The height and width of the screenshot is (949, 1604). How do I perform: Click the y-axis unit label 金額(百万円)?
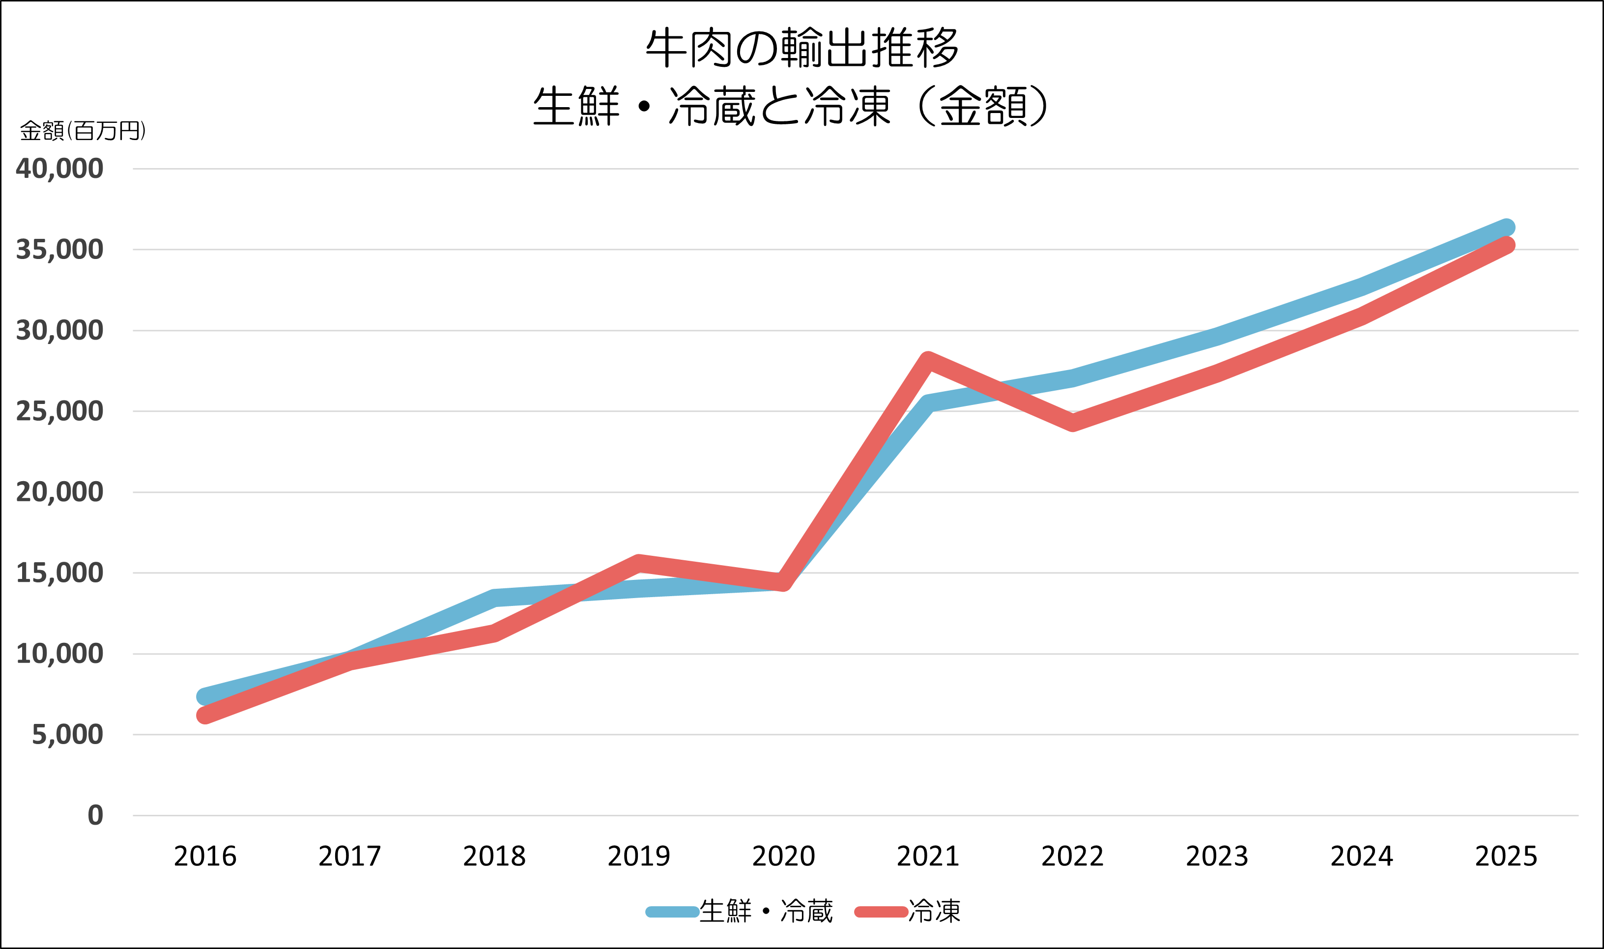(83, 131)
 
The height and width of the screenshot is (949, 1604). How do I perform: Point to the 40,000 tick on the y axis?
(59, 169)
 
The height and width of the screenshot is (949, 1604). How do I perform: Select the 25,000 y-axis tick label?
(59, 411)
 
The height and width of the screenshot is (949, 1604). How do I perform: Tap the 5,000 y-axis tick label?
(67, 735)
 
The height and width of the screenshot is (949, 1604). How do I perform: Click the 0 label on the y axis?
(95, 815)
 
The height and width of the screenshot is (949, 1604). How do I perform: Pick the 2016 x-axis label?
(205, 856)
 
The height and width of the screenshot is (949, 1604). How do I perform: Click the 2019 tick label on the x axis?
(639, 856)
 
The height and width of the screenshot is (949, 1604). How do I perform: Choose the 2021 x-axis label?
(928, 856)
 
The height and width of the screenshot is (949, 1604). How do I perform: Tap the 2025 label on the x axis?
(1506, 856)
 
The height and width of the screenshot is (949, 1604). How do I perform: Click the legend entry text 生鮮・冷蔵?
(766, 911)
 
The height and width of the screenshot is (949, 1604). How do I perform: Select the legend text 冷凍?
(934, 911)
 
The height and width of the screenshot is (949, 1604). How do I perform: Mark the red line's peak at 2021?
(928, 361)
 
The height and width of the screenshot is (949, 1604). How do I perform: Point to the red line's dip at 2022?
(1072, 422)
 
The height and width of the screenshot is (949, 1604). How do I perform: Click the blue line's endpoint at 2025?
(1506, 228)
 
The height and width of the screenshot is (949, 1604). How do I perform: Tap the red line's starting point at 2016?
(205, 715)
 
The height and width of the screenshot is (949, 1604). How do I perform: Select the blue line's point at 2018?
(494, 598)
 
